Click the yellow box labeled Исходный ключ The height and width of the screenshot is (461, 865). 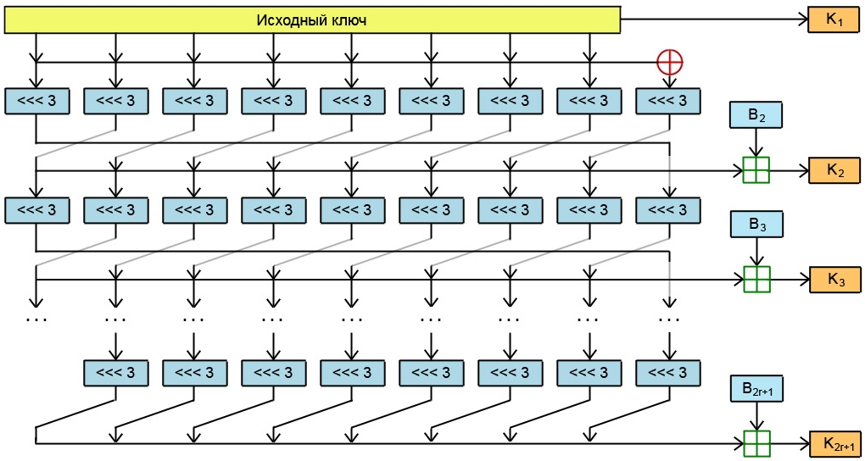pos(311,19)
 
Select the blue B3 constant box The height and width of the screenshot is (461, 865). pos(756,225)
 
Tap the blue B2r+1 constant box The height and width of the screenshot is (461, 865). pos(756,389)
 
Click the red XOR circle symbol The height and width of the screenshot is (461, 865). pos(670,61)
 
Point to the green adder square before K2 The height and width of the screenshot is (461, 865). pos(756,170)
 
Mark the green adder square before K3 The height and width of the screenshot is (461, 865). pos(756,278)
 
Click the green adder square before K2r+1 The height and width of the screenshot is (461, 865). pos(756,442)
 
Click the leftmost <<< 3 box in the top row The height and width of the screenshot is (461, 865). pos(36,101)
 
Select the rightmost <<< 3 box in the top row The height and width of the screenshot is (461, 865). pos(668,101)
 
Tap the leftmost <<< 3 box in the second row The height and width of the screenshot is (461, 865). pos(36,208)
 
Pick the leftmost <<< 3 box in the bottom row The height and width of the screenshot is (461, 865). pos(115,373)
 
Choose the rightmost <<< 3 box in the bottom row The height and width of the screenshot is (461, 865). pos(668,373)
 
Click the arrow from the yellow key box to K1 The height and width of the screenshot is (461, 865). pos(712,19)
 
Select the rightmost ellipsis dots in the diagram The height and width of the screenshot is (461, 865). pos(669,320)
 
